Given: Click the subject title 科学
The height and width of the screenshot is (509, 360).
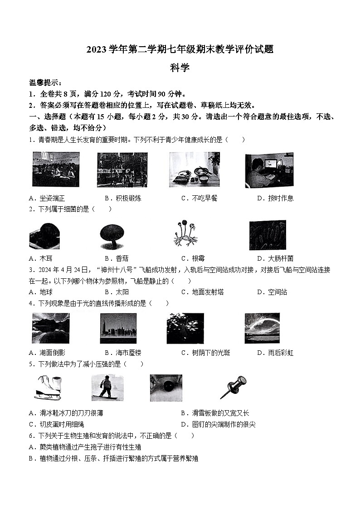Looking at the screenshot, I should tap(180, 68).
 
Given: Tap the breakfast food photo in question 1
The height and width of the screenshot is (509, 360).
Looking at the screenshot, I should tap(194, 169).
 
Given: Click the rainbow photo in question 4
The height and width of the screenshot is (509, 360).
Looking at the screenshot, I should tap(262, 328).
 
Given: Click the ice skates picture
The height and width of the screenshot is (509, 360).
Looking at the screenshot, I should tap(48, 388).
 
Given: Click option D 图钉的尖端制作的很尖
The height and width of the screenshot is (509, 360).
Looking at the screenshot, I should tap(218, 424).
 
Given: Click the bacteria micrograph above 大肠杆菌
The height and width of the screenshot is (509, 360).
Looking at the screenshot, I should tap(268, 235).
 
